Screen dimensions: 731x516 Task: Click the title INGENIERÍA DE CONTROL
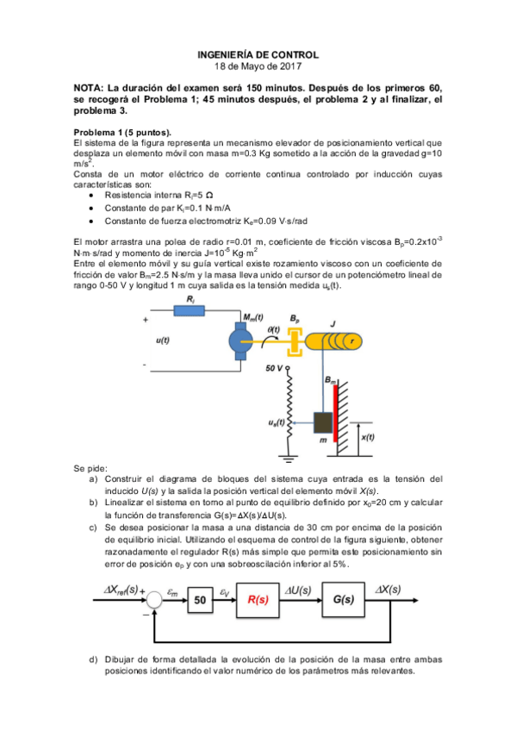(258, 53)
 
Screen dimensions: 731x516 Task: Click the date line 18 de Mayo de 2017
(258, 66)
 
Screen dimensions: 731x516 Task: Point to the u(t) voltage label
(162, 341)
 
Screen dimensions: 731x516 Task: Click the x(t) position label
(367, 437)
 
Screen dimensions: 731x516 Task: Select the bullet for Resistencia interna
(93, 196)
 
